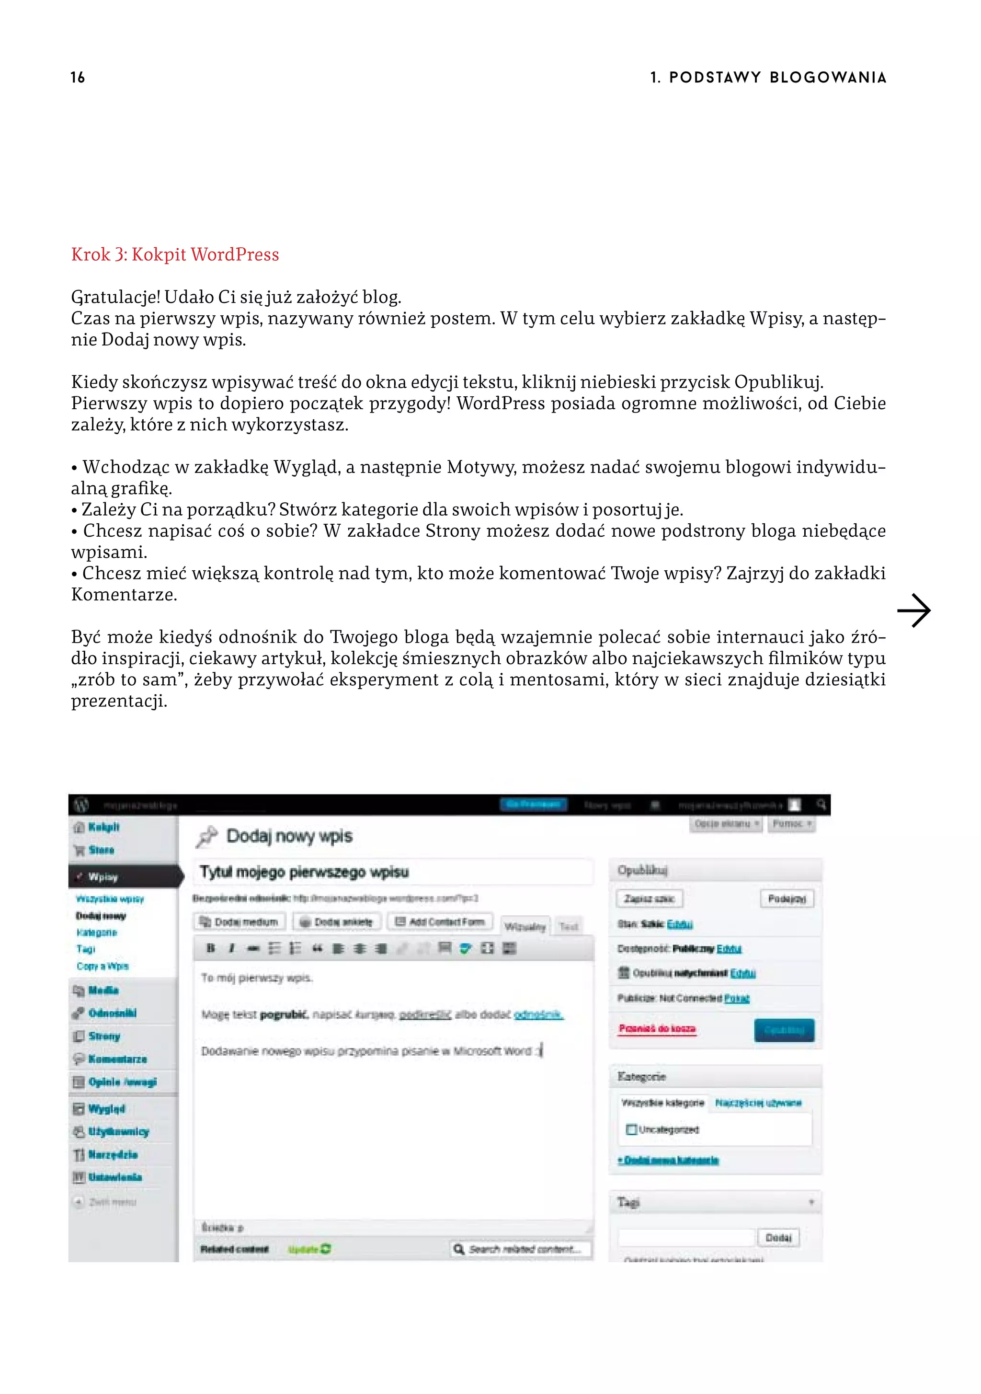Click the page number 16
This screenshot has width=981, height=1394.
point(78,77)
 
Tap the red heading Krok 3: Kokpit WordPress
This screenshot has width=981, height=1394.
point(175,254)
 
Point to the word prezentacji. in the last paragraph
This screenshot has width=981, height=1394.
point(119,701)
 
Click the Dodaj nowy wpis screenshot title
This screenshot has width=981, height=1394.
point(289,836)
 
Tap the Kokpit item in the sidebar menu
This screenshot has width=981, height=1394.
point(103,827)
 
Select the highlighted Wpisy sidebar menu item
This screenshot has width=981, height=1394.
point(103,877)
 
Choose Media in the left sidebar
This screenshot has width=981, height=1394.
point(103,990)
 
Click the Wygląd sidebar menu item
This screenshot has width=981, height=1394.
point(106,1109)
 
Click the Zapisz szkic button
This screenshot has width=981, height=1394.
point(649,899)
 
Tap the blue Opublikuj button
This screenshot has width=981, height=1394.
point(784,1030)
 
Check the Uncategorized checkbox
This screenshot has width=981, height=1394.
point(631,1129)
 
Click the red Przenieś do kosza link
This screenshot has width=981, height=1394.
point(657,1028)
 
